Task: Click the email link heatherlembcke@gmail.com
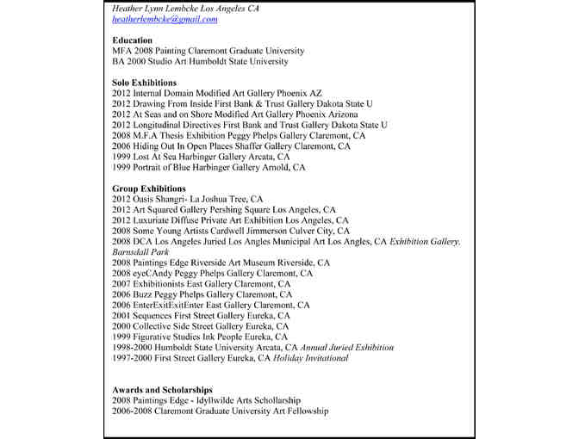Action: (165, 19)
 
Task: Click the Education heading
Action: (133, 40)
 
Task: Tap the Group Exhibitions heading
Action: (149, 189)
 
